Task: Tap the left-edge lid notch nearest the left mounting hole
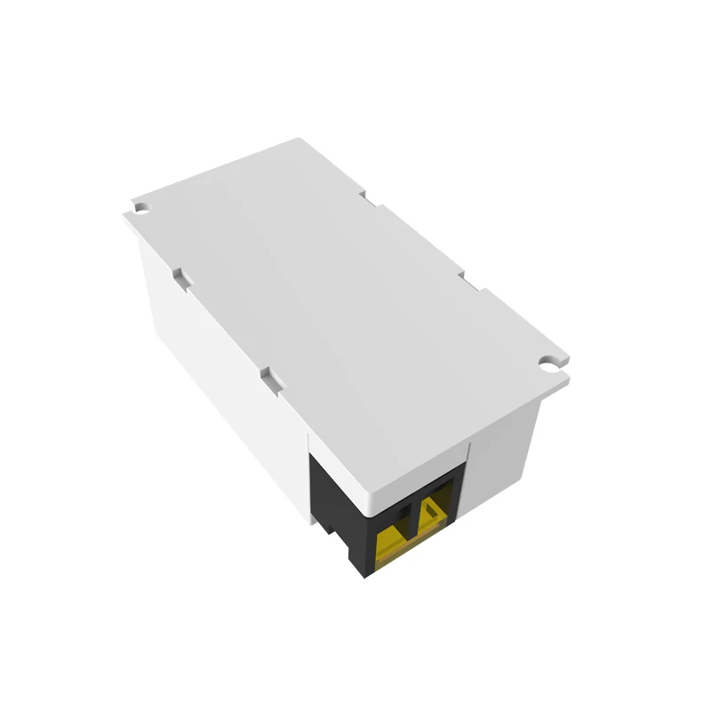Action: (178, 276)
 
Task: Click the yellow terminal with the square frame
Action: (435, 512)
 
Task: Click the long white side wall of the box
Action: (222, 373)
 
